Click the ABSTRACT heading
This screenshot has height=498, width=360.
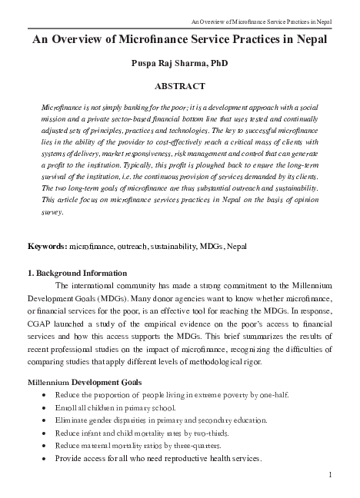(x=180, y=87)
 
